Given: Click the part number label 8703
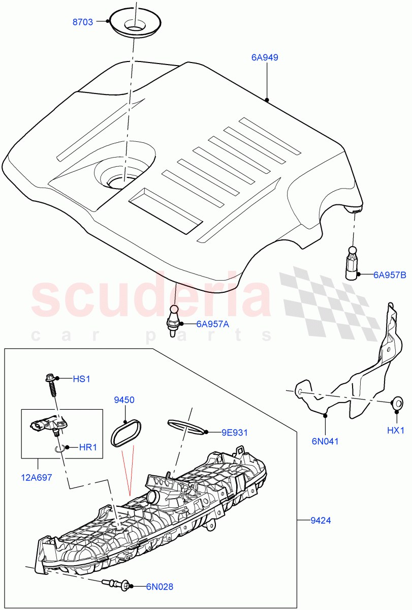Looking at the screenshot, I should (x=83, y=22).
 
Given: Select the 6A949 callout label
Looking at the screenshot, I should (x=264, y=58).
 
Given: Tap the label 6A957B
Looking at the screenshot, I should (x=390, y=275).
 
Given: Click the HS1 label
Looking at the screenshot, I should (x=81, y=379).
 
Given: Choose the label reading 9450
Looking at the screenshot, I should (x=124, y=400).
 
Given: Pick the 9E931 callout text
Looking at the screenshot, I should (x=235, y=433).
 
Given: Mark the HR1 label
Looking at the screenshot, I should (x=88, y=448).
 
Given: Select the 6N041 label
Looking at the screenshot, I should (x=325, y=441).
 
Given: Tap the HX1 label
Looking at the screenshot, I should (x=396, y=430).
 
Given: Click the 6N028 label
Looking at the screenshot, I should (x=160, y=587).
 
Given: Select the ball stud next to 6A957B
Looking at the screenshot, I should (x=352, y=263).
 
